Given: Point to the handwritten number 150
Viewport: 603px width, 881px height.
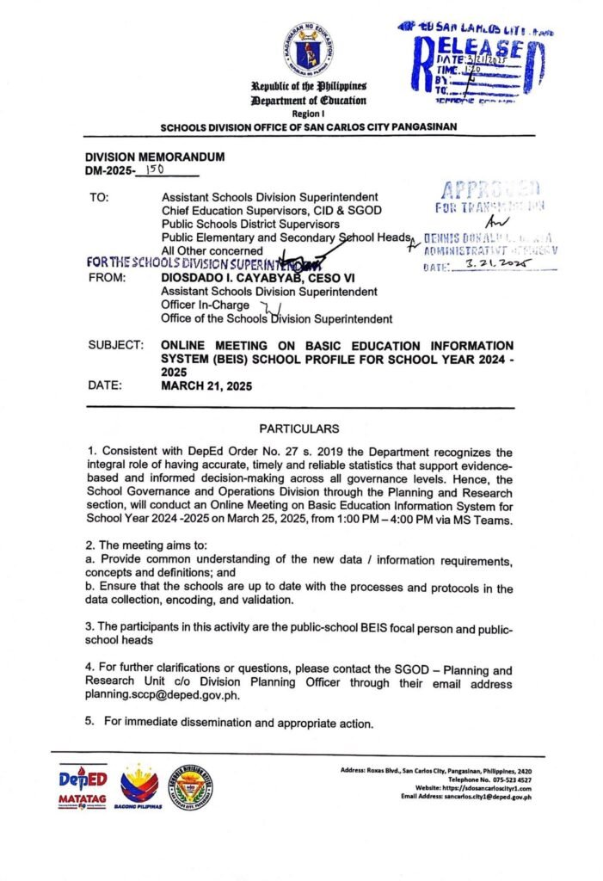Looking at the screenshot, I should pyautogui.click(x=155, y=171).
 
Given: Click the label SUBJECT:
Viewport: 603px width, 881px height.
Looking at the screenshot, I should pyautogui.click(x=115, y=345).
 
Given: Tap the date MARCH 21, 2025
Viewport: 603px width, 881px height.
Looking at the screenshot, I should pyautogui.click(x=206, y=386).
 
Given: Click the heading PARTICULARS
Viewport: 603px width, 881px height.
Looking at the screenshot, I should pyautogui.click(x=299, y=428).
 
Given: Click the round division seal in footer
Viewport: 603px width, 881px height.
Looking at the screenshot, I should pyautogui.click(x=192, y=787).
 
